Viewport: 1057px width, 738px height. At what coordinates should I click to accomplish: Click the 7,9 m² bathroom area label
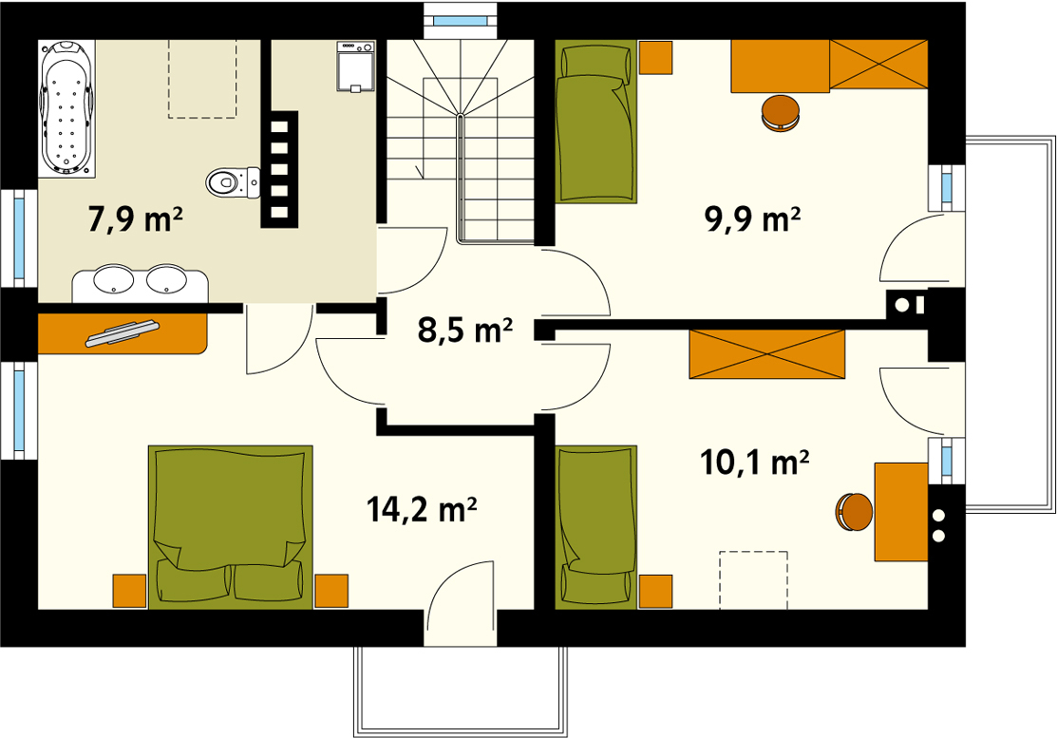tap(136, 219)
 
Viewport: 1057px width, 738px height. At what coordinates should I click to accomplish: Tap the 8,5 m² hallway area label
tap(465, 330)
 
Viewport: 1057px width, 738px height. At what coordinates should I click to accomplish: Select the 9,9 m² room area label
tap(753, 219)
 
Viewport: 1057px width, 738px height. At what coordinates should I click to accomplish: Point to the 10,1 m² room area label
tap(755, 463)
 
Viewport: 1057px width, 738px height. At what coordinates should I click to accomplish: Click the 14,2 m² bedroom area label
tap(422, 509)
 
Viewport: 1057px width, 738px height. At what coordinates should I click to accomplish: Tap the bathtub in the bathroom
tap(66, 108)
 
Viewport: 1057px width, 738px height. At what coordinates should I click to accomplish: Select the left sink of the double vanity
tap(113, 279)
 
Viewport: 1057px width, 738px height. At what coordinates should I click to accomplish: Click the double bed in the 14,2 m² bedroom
tap(231, 526)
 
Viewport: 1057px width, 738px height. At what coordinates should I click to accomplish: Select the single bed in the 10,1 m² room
tap(595, 526)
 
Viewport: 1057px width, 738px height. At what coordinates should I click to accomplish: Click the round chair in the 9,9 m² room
tap(781, 113)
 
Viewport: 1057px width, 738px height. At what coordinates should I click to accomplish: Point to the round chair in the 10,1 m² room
tap(854, 512)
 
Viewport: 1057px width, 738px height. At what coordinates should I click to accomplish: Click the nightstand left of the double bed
tap(129, 591)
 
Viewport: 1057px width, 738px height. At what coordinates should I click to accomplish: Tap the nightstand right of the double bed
tap(331, 591)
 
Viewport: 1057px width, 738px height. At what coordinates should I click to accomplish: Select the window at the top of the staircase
tap(460, 21)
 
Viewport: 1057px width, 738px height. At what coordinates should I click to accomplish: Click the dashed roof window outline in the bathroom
tap(202, 79)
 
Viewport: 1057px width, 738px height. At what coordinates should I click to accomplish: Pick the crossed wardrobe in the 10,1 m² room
tap(767, 354)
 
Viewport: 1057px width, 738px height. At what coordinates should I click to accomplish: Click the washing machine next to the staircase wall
tap(355, 66)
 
